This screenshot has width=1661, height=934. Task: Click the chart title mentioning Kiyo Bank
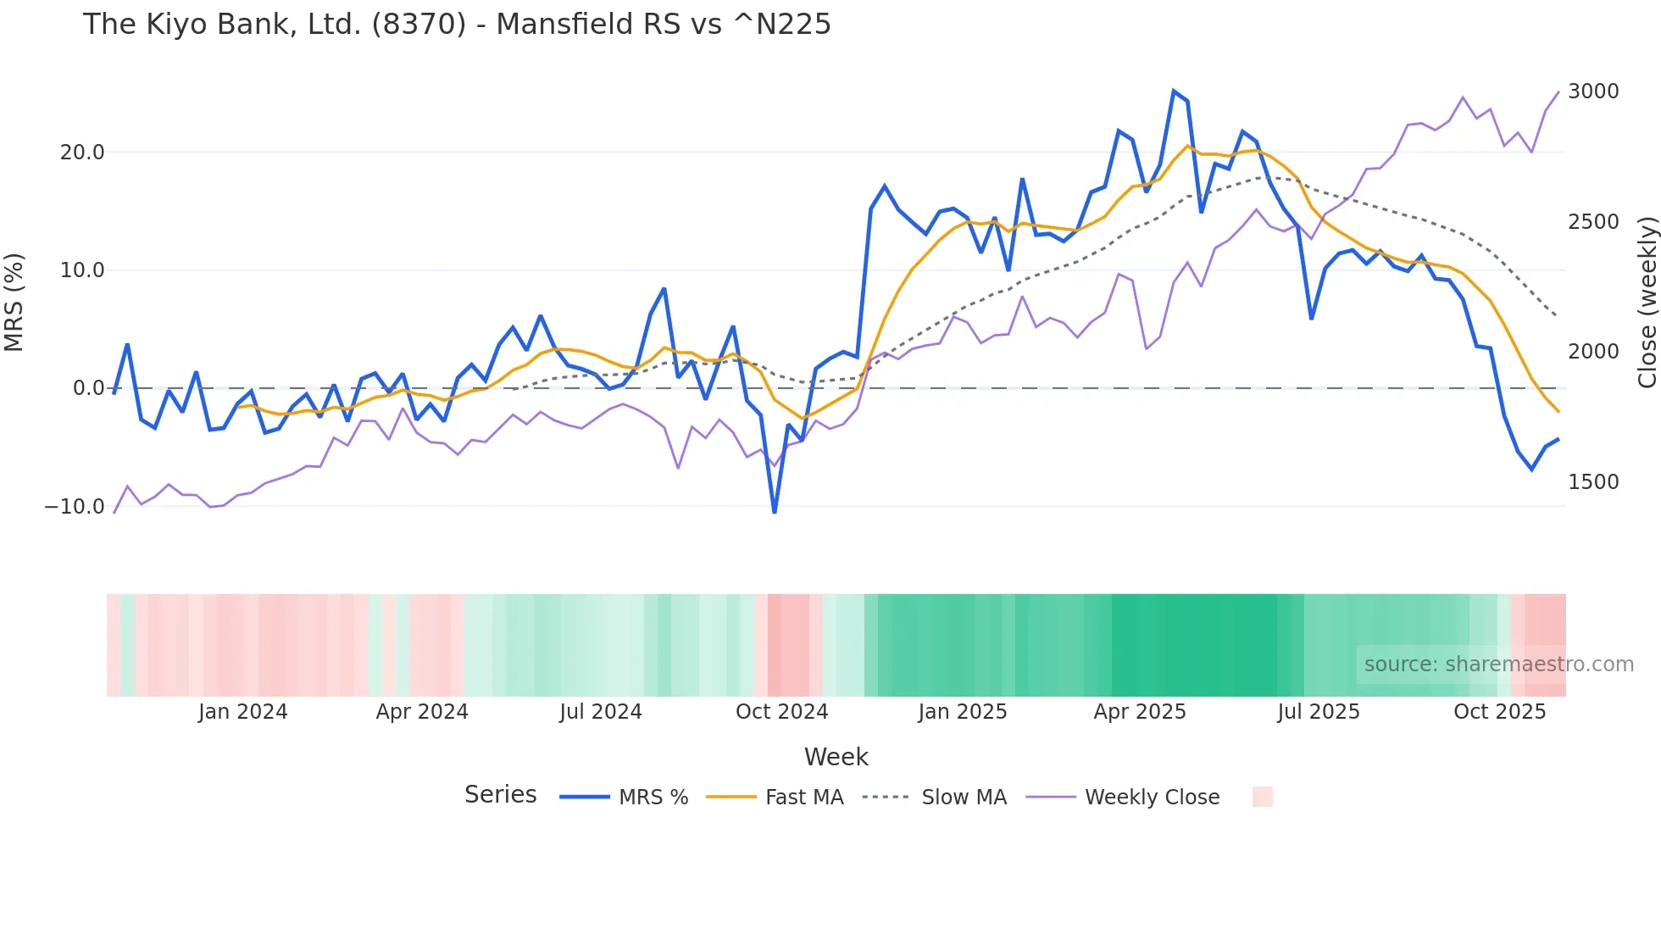click(457, 25)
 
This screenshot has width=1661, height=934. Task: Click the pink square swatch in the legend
click(1262, 797)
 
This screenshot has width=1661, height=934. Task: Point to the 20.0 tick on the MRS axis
click(82, 153)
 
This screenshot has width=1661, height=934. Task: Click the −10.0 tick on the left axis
click(75, 507)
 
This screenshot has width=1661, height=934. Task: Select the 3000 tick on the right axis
click(1593, 92)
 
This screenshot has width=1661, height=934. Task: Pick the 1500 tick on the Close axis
click(1593, 482)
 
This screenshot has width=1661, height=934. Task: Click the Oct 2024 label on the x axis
click(781, 712)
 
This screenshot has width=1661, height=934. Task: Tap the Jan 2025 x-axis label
click(962, 712)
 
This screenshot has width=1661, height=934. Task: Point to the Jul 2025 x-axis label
click(1318, 712)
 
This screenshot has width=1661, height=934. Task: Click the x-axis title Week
click(836, 757)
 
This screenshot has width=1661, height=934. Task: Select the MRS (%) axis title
click(14, 302)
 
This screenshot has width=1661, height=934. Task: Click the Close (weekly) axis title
click(1647, 302)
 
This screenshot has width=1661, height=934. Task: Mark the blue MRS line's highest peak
click(1174, 91)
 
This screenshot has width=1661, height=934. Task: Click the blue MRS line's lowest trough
click(775, 512)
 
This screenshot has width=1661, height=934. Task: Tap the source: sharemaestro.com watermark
click(1498, 664)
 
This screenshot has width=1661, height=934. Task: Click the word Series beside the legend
click(500, 795)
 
